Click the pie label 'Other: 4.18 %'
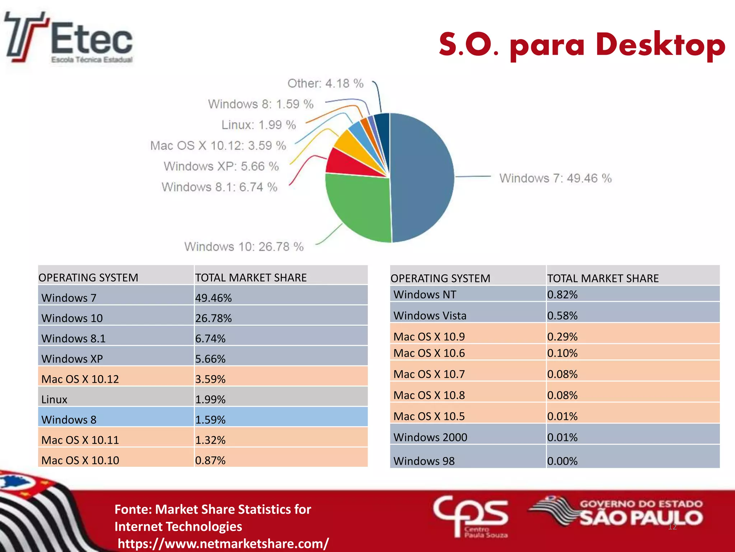pyautogui.click(x=325, y=83)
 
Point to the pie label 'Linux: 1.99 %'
pyautogui.click(x=258, y=125)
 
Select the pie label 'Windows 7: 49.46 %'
pyautogui.click(x=555, y=178)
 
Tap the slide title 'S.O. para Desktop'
pyautogui.click(x=581, y=45)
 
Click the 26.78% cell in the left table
pyautogui.click(x=214, y=318)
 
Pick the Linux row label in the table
pyautogui.click(x=55, y=399)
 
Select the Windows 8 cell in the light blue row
pyautogui.click(x=69, y=419)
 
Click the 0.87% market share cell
pyautogui.click(x=210, y=460)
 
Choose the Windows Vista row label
pyautogui.click(x=430, y=316)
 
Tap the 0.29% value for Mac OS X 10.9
pyautogui.click(x=562, y=336)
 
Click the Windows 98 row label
pyautogui.click(x=424, y=461)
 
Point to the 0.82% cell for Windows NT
pyautogui.click(x=562, y=294)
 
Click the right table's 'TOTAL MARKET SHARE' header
pyautogui.click(x=603, y=278)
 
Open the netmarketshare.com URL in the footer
pyautogui.click(x=223, y=543)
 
